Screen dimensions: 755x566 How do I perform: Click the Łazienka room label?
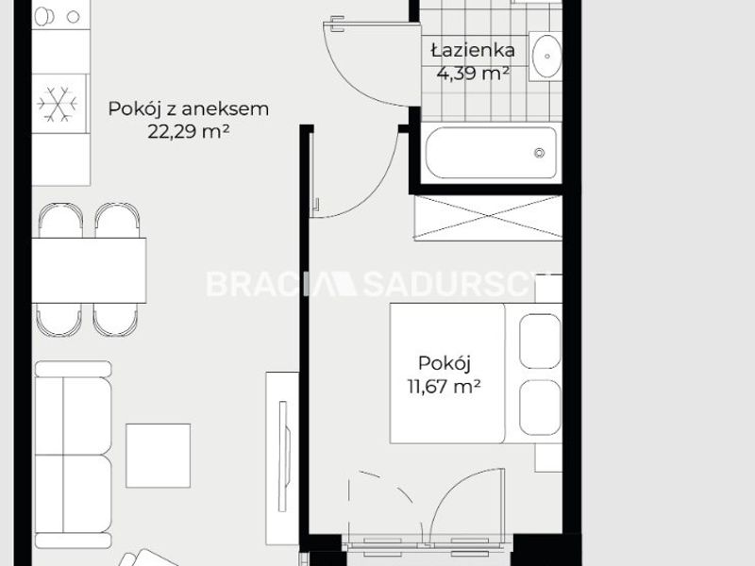(474, 50)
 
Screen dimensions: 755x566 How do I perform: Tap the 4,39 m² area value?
(474, 74)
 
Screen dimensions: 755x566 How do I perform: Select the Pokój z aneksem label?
(188, 109)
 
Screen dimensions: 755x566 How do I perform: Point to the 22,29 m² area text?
(188, 131)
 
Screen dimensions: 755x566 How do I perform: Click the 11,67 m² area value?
(445, 386)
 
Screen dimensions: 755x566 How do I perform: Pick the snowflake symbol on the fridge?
(58, 104)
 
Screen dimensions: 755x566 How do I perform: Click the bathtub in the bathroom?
(491, 153)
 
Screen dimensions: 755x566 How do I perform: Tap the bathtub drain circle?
(540, 153)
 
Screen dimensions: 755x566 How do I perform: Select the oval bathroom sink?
(547, 57)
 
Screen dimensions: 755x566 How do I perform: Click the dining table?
(89, 270)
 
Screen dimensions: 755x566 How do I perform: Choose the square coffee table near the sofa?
(159, 456)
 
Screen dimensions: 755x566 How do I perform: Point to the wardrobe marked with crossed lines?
(488, 218)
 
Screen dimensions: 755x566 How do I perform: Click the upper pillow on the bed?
(540, 341)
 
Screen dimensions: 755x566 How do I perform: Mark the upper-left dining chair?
(60, 221)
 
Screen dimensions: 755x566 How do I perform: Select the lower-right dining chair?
(115, 320)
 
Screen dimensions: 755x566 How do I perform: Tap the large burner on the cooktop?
(44, 17)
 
